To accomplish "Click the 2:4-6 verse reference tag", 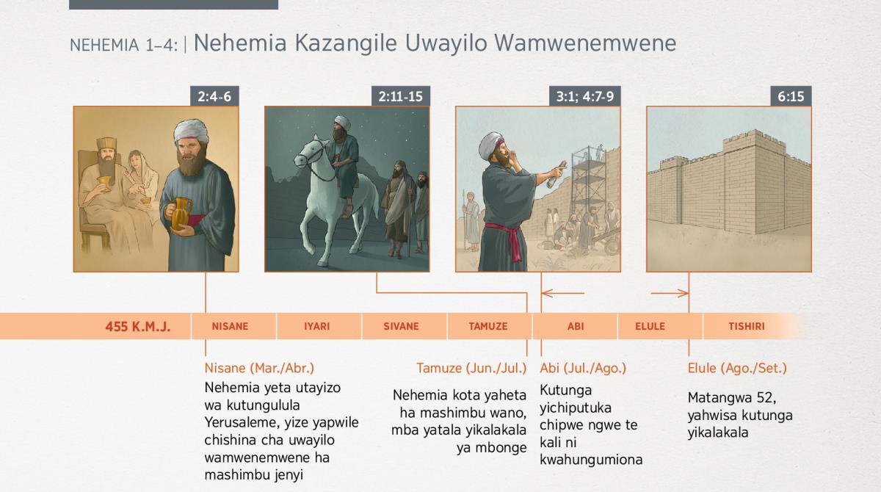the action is tap(214, 96).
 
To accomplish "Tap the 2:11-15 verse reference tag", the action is tap(400, 96).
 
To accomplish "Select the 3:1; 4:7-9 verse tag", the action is tap(584, 96).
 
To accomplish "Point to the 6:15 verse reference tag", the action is tap(791, 96).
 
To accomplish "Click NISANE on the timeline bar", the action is tap(230, 327).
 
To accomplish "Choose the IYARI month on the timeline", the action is tap(317, 327).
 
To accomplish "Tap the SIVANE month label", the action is tap(401, 327).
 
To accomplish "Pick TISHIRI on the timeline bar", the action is tap(747, 327).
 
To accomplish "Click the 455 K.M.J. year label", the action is tap(138, 327).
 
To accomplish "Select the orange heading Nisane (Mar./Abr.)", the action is tap(259, 368).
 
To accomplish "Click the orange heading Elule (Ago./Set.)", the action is tap(737, 368).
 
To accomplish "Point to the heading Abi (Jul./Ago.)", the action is tap(583, 368).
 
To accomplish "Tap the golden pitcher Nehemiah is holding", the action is tap(181, 213).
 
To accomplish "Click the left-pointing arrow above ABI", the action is tap(563, 293).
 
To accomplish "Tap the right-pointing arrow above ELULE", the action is tap(670, 293).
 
